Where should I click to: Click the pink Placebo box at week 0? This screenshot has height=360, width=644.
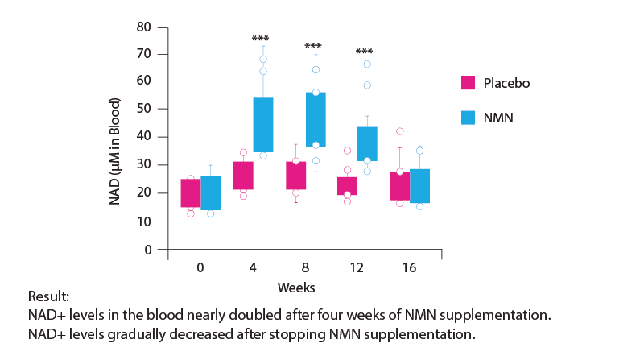[191, 193]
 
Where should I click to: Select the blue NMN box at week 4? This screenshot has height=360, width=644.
[263, 125]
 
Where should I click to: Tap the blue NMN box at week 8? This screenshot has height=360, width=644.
[315, 119]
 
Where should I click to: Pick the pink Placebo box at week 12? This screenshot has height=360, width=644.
[347, 186]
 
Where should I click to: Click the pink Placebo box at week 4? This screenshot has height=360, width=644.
[243, 176]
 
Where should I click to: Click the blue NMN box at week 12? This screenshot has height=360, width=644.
[367, 144]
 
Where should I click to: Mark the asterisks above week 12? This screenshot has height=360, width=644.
[364, 53]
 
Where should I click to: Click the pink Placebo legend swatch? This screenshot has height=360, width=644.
[468, 83]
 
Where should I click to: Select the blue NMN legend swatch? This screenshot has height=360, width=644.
[468, 118]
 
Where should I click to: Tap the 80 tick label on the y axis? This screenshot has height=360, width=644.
[144, 27]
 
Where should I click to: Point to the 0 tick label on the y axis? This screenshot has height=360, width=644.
[147, 249]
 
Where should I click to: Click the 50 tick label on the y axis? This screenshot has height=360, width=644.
[144, 109]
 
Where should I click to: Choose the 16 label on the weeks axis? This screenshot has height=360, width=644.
[409, 267]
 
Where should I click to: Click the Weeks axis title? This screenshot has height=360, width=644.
[295, 288]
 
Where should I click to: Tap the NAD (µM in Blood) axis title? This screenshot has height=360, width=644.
[117, 151]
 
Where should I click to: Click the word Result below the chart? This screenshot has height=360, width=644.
[46, 296]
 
